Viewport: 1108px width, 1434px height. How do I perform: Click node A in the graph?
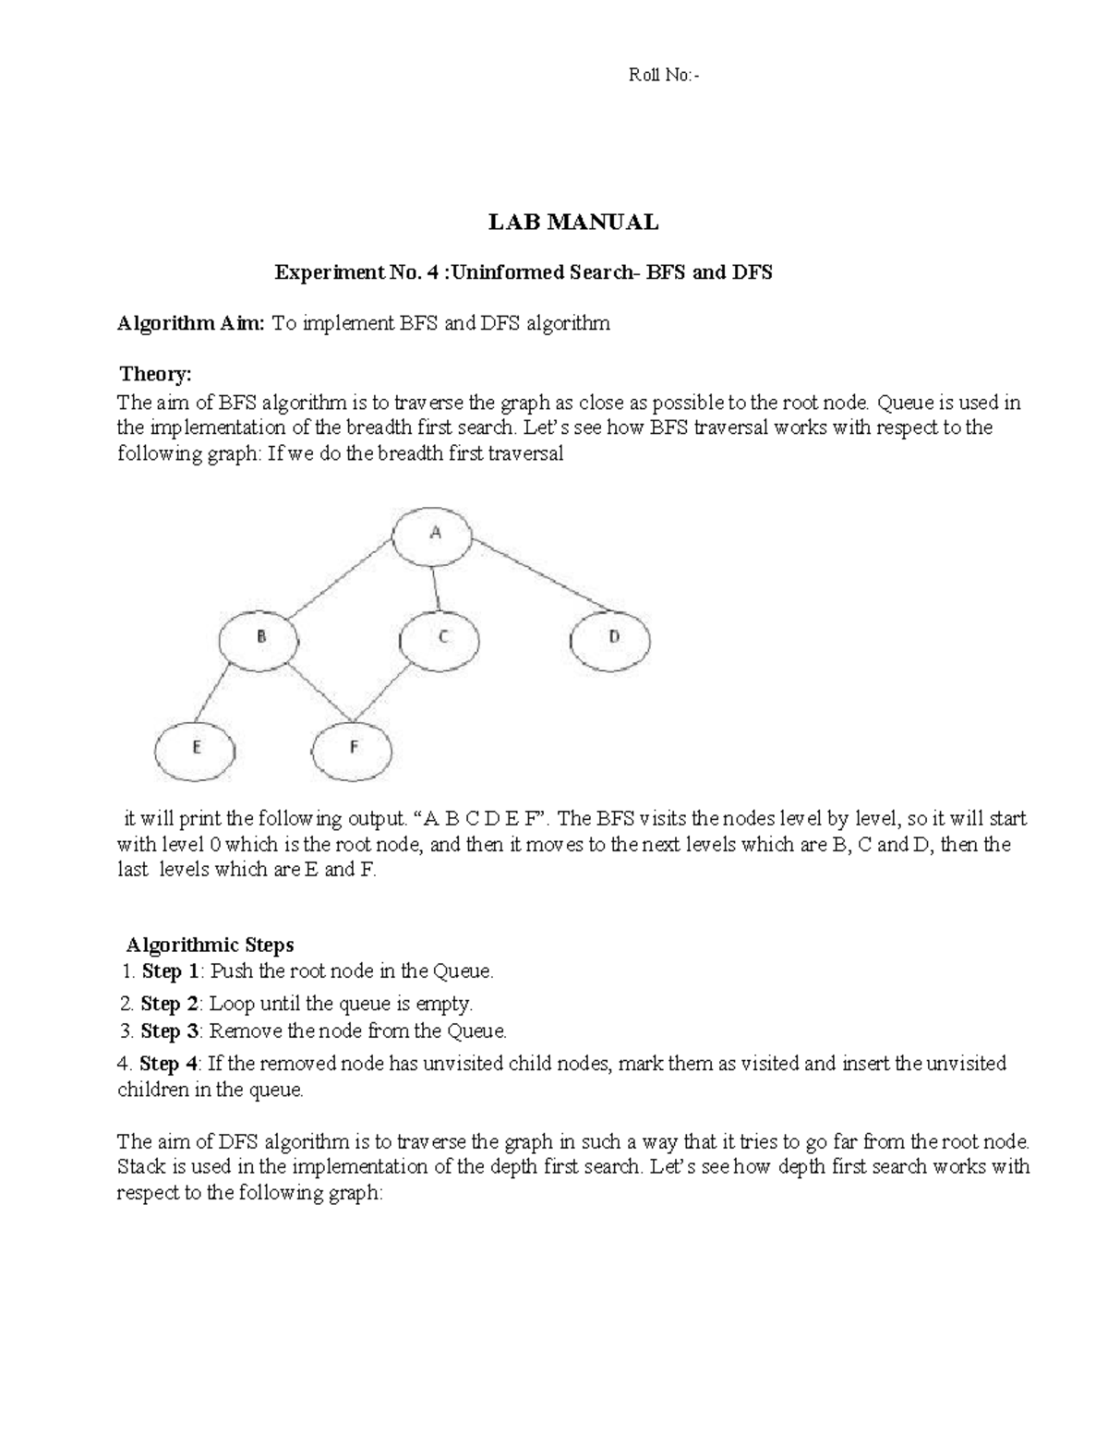pyautogui.click(x=433, y=536)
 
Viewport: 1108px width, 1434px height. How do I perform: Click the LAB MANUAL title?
pyautogui.click(x=572, y=223)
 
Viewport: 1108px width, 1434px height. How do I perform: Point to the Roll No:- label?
pyautogui.click(x=664, y=77)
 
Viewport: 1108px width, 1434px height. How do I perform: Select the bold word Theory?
pyautogui.click(x=156, y=374)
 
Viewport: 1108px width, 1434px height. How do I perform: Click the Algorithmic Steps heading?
pyautogui.click(x=211, y=945)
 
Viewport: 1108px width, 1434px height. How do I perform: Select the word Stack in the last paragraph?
pyautogui.click(x=139, y=1167)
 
